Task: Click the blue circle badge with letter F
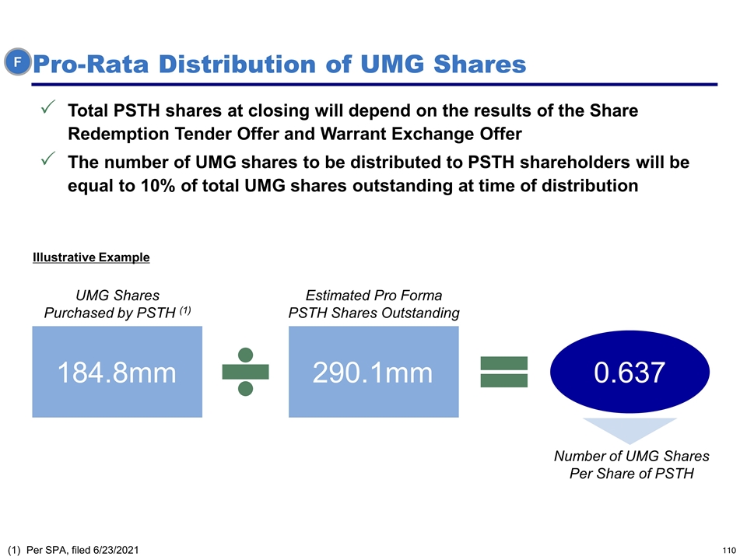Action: tap(16, 61)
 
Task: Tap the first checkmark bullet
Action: tap(47, 109)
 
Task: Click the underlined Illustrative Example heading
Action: tap(91, 257)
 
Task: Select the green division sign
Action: tap(245, 373)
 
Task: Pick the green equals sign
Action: tap(504, 373)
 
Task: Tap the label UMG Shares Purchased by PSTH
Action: tap(117, 304)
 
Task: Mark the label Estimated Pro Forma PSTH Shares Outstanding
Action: tap(373, 304)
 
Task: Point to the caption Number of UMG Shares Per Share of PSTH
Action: tap(631, 464)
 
